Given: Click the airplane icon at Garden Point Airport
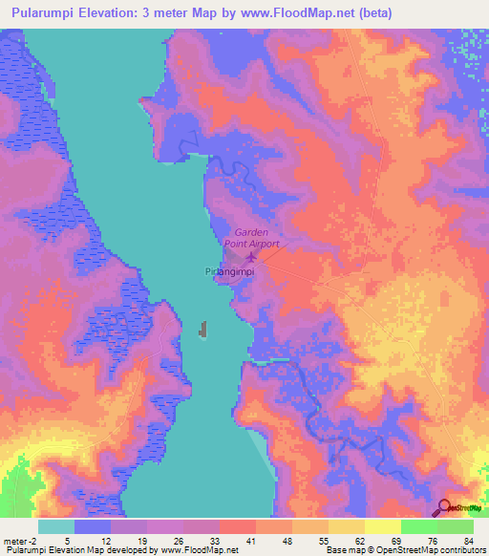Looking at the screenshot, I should coord(251,256).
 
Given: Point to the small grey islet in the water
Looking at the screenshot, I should coord(202,331).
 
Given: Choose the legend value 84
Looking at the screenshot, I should coord(467,541).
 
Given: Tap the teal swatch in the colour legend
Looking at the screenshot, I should coord(56,526).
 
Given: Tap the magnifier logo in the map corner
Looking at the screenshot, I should coord(446,507).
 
